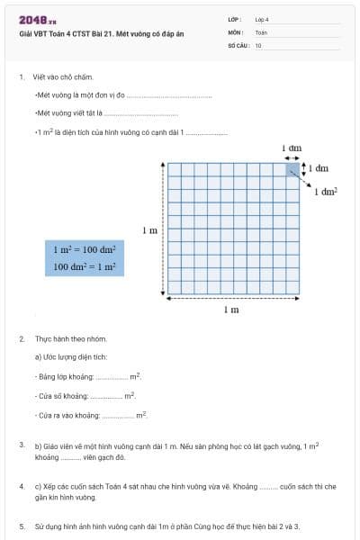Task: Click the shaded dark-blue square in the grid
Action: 292,169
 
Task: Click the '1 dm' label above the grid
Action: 292,147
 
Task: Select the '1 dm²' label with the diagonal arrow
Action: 325,192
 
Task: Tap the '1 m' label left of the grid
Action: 150,231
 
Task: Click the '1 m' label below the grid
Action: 231,310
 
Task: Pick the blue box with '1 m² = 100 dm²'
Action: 85,258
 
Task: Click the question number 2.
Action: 22,338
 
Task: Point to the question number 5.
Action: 22,525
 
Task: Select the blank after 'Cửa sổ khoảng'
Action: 106,396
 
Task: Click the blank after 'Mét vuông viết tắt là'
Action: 141,114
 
